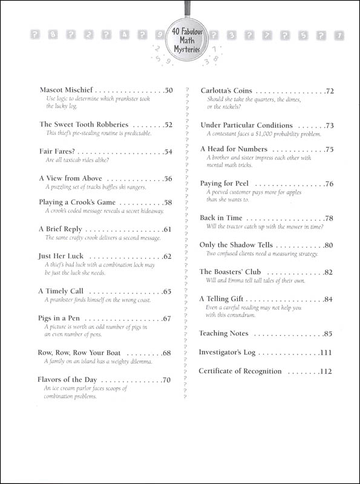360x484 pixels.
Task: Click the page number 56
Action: pos(168,178)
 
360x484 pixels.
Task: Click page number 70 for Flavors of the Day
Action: pos(168,380)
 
